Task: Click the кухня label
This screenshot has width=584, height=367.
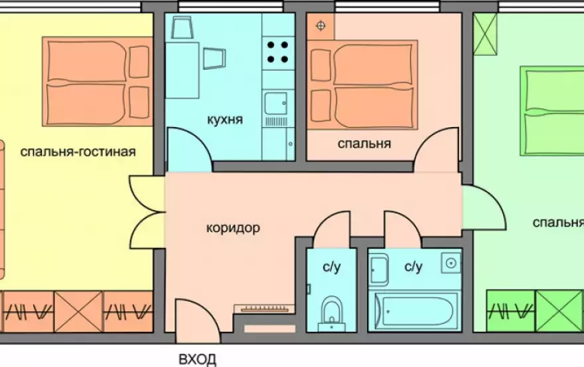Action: [x=224, y=120]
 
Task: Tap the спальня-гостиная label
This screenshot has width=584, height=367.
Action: [x=78, y=152]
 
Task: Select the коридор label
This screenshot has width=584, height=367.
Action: [x=233, y=227]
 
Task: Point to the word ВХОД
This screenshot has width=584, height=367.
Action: [x=197, y=359]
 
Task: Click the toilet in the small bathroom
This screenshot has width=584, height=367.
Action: [x=331, y=312]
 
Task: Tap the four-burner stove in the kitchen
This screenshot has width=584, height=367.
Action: [x=277, y=52]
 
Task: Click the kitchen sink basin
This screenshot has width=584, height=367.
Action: [x=275, y=103]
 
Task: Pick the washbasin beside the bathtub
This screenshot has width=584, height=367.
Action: [x=378, y=270]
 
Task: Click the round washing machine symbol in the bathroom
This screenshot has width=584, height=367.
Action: [x=451, y=263]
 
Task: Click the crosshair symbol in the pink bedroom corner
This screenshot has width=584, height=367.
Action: [x=321, y=26]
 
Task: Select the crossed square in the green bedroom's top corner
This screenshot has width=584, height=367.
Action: [x=485, y=34]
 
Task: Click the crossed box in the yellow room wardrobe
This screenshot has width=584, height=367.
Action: [x=78, y=312]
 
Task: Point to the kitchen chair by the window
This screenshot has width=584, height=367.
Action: [x=182, y=27]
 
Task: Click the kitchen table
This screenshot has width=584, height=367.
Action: [x=182, y=70]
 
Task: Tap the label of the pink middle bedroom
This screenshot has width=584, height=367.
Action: [x=364, y=144]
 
